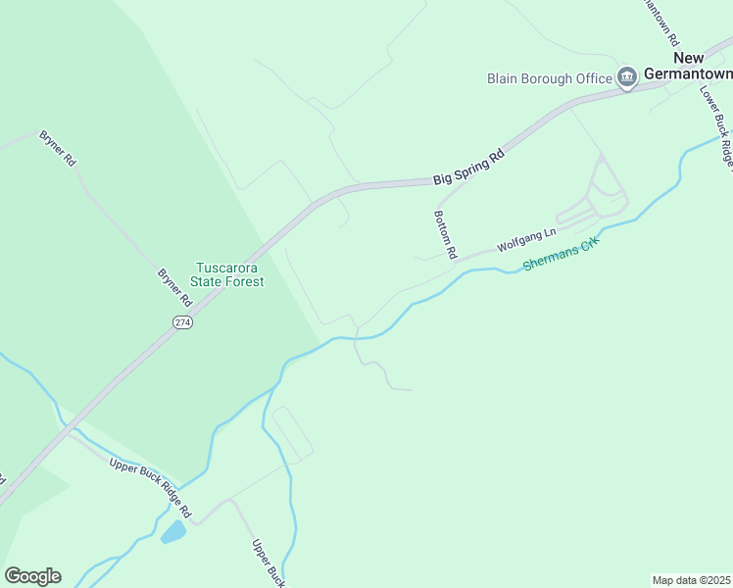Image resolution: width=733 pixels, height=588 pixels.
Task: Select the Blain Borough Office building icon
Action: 627,76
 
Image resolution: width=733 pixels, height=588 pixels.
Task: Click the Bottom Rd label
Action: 446,234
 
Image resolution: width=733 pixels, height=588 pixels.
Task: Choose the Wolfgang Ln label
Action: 526,239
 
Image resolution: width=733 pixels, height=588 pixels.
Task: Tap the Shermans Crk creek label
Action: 561,256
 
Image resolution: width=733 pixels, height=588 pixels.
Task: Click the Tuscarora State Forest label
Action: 228,274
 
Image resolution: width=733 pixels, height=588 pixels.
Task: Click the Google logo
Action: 32,576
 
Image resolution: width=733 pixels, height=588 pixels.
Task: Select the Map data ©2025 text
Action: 691,579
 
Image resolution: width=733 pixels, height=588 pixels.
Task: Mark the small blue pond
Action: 173,532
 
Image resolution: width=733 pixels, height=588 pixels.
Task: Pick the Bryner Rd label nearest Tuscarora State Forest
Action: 173,286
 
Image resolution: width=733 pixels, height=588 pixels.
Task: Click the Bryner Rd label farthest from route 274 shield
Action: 57,148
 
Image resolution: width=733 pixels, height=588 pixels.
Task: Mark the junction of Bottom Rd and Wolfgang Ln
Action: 456,261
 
